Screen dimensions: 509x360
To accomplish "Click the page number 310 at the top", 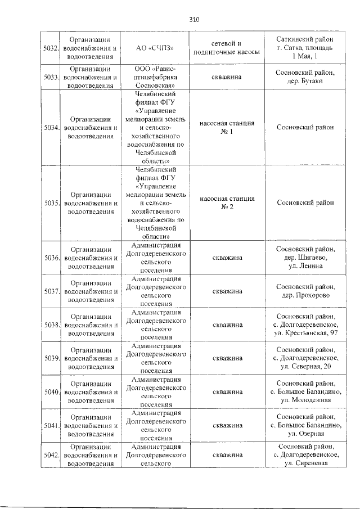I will (x=195, y=20).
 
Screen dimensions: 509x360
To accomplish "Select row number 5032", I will (x=51, y=48).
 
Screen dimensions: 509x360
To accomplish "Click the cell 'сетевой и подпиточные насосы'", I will (x=226, y=48).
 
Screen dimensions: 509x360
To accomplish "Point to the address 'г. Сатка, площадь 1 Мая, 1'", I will (x=304, y=48).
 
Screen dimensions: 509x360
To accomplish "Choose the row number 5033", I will (x=51, y=77).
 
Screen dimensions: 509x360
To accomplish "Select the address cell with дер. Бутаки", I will (x=304, y=77).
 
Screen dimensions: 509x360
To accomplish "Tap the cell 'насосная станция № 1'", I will (x=226, y=127).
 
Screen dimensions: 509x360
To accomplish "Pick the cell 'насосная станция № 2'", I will (x=226, y=203).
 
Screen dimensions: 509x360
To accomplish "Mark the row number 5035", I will (x=51, y=203).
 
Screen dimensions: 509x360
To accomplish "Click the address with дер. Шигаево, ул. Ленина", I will (x=304, y=258).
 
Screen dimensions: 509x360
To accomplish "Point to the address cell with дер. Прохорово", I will (x=304, y=291).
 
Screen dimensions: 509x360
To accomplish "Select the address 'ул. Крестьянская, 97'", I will (x=304, y=325).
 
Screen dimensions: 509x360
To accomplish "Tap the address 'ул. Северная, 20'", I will (x=304, y=358).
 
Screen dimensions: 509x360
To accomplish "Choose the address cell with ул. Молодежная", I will (x=304, y=391).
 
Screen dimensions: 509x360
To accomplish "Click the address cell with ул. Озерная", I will (x=304, y=425).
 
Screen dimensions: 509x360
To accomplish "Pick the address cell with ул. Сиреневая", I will (x=304, y=454).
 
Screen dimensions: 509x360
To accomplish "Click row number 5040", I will (x=51, y=391).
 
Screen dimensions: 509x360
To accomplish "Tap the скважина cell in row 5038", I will (x=226, y=325).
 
